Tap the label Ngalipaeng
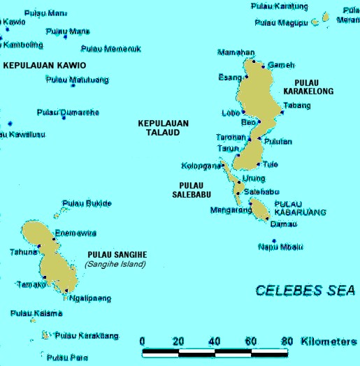[x=90, y=298]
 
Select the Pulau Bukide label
[x=87, y=203]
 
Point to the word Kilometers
[x=328, y=341]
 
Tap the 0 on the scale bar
[x=143, y=341]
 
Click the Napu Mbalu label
[x=280, y=246]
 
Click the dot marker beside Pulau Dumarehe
[x=64, y=117]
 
